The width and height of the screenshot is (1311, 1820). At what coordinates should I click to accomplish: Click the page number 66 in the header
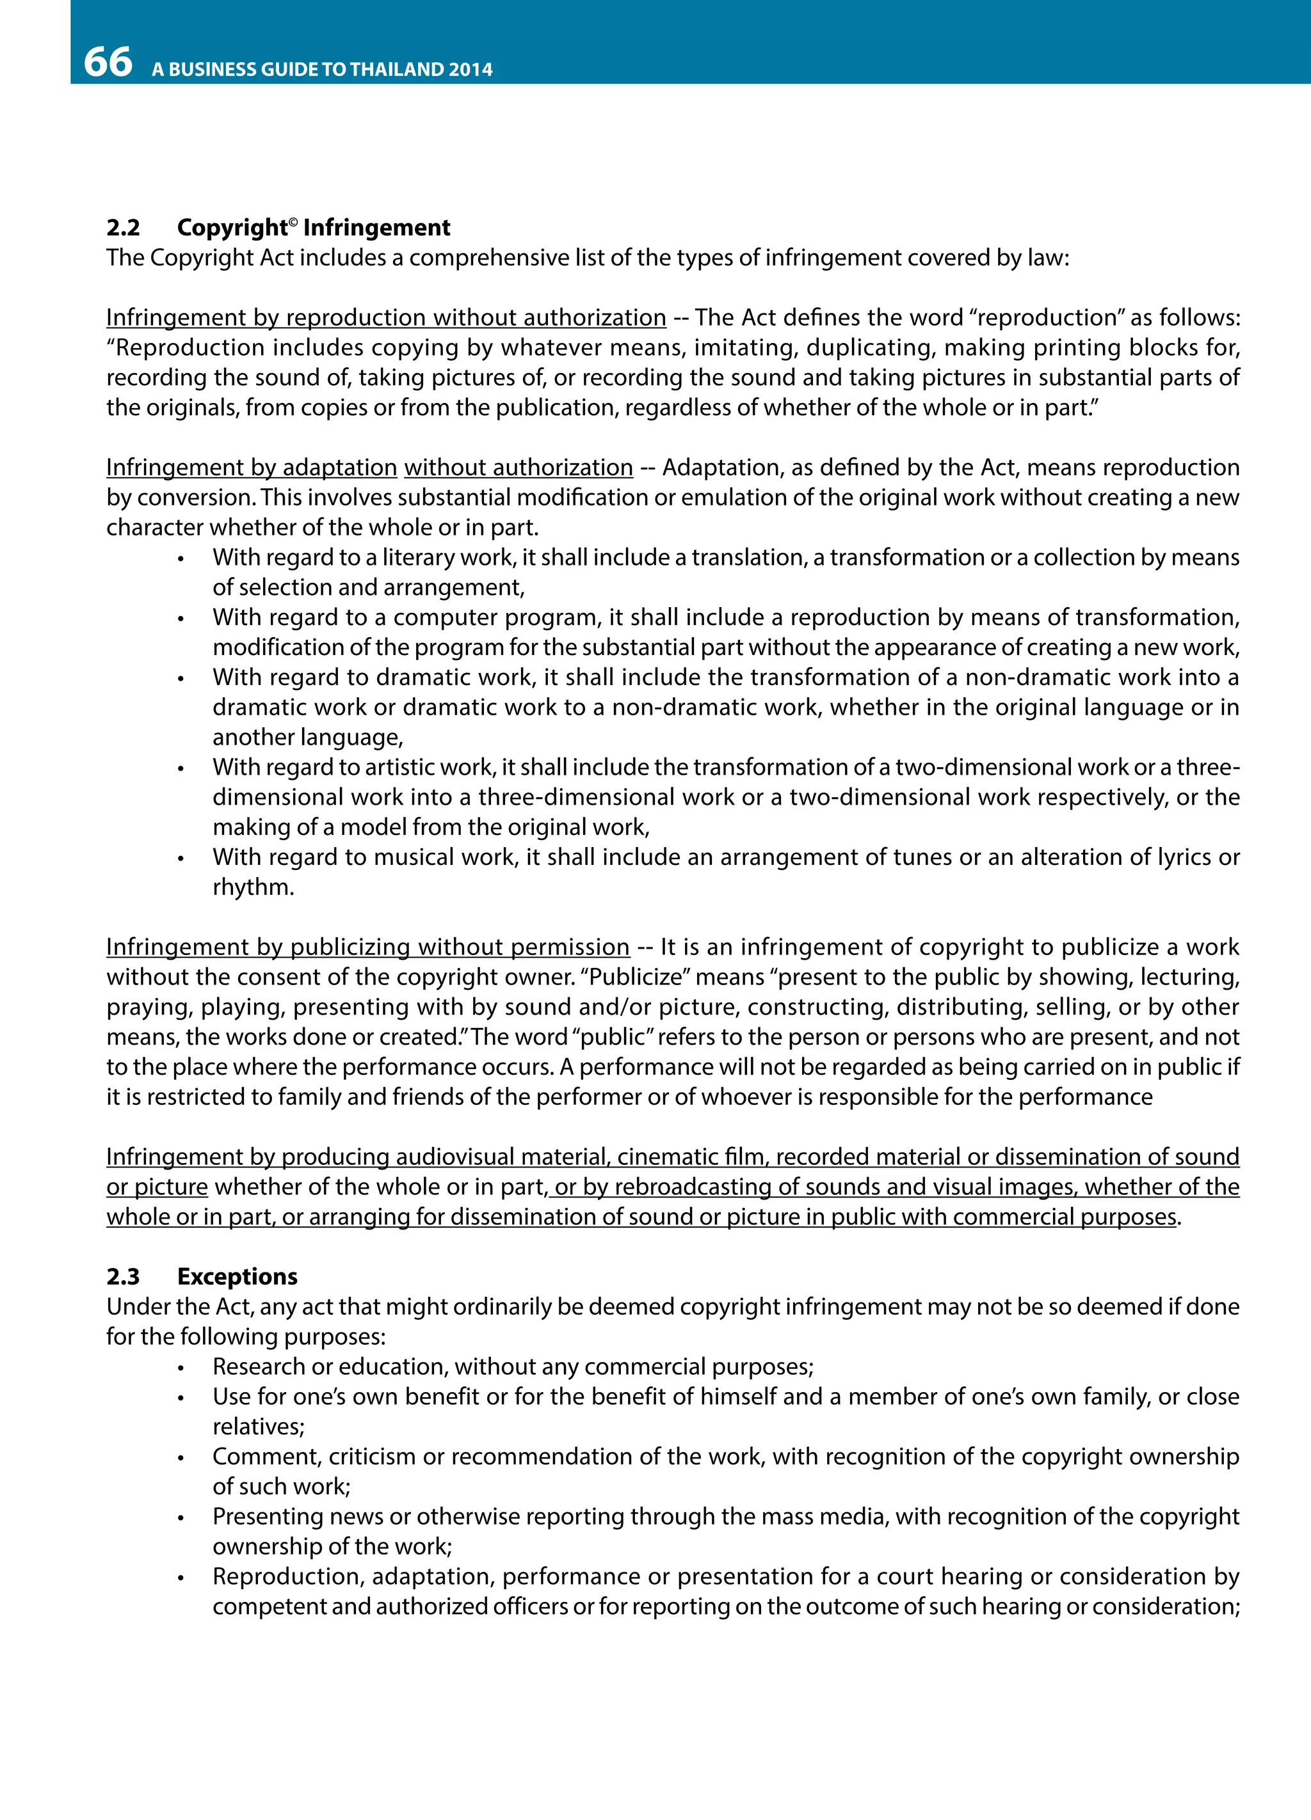tap(108, 62)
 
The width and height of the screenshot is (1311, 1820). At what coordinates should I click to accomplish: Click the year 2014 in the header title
tap(471, 70)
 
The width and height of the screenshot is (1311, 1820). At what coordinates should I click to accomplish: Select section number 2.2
tap(123, 228)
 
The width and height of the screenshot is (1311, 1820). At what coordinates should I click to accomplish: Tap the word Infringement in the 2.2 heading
tap(376, 228)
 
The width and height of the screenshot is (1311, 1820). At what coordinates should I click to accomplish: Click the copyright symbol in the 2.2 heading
tap(293, 221)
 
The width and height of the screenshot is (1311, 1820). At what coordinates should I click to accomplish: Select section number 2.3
tap(123, 1277)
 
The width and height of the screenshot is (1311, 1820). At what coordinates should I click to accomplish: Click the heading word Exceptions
tap(237, 1277)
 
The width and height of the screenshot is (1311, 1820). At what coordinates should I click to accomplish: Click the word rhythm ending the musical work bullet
tap(253, 887)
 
